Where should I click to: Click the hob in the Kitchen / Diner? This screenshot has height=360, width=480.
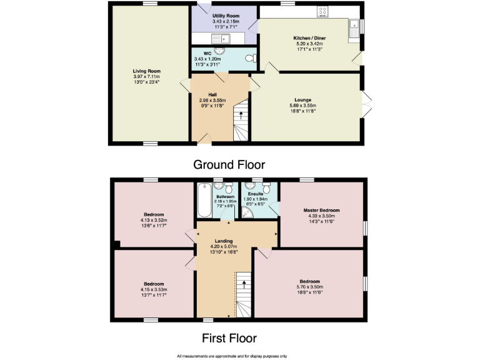(323, 11)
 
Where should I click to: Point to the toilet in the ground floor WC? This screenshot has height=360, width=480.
(249, 58)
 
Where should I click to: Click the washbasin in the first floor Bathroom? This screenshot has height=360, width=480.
(218, 187)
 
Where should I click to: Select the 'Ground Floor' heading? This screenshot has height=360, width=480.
(229, 165)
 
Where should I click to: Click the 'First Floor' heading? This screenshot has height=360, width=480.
(229, 338)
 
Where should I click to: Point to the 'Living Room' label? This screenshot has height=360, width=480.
(146, 71)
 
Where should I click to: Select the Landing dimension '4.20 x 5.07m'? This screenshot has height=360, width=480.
(223, 246)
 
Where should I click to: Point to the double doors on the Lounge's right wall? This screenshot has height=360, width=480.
(365, 101)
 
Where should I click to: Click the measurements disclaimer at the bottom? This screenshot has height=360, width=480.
(231, 355)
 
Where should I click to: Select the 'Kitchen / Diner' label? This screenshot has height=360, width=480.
(309, 37)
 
